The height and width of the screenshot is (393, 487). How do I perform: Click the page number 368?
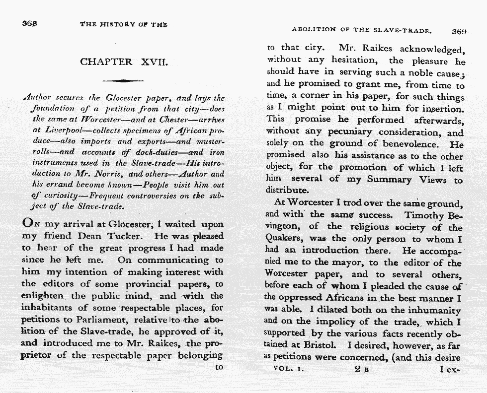[30, 23]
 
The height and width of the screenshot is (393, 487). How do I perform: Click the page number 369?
[459, 31]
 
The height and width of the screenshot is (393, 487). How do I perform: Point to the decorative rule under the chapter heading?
[123, 80]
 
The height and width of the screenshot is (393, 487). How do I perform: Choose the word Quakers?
[282, 239]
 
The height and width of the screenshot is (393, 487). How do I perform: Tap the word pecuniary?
[352, 133]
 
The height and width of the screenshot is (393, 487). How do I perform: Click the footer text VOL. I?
[289, 369]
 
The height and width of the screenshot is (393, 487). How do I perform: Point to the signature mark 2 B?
[361, 370]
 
